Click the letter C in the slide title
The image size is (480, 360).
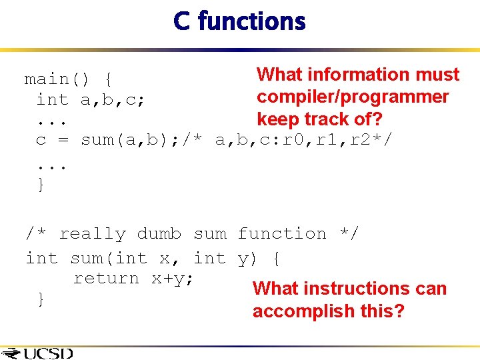181,21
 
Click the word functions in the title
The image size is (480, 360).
251,21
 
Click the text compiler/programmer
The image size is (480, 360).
353,97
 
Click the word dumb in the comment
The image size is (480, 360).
159,234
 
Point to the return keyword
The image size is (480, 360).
107,279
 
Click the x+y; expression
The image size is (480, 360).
172,279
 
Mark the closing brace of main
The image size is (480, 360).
41,184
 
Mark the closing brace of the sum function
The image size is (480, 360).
41,299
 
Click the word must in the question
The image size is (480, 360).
437,74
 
